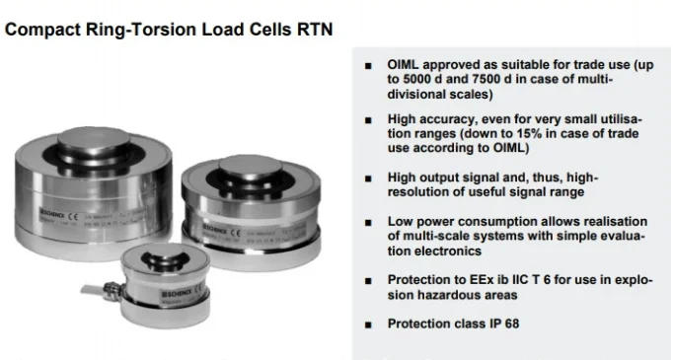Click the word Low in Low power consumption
401,222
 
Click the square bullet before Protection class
367,324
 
